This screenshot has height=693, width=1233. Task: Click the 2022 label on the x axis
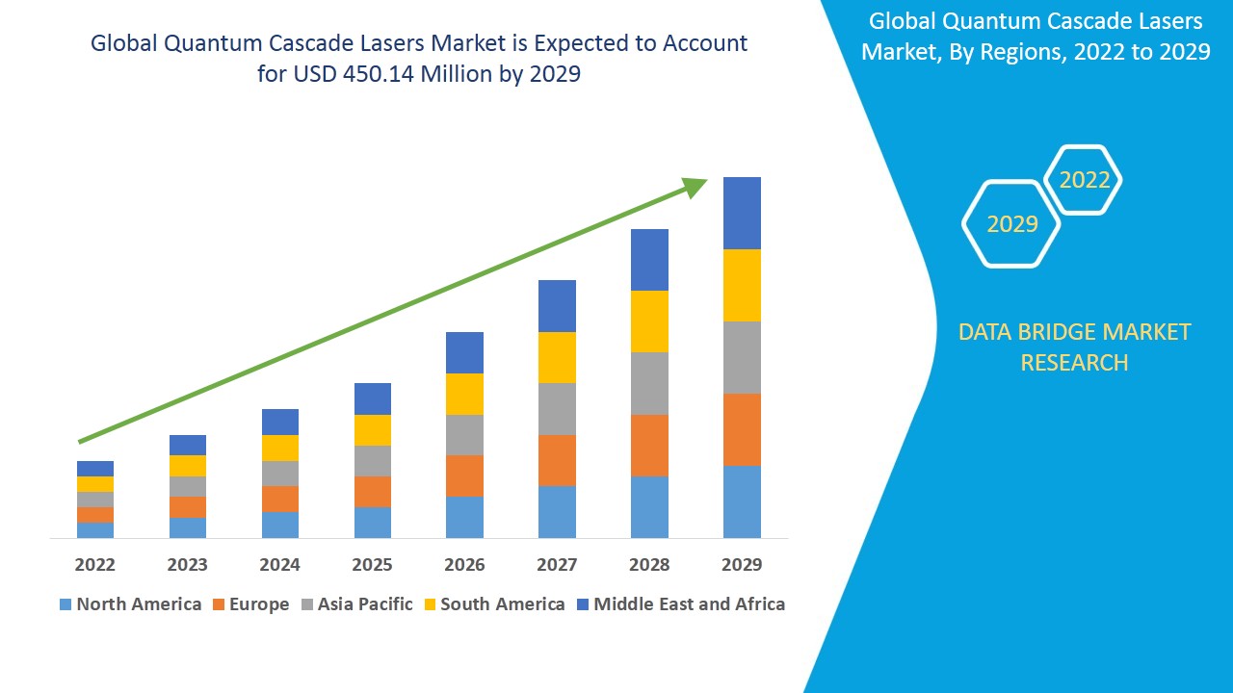tap(94, 564)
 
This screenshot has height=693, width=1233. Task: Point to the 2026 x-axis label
tap(464, 564)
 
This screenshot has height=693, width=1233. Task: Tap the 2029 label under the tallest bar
tap(742, 564)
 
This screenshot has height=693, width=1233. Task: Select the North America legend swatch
tap(66, 604)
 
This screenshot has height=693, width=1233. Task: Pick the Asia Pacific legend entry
tap(356, 604)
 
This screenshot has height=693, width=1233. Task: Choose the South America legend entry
tap(492, 604)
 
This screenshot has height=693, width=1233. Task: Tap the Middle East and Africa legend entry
tap(680, 604)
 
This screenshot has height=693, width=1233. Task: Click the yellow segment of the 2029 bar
tap(742, 285)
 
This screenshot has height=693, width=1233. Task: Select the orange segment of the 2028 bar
tap(649, 445)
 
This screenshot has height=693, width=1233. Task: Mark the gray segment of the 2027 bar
tap(557, 409)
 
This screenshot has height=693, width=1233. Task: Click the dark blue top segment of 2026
tap(464, 352)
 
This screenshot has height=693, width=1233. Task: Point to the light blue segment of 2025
tap(372, 522)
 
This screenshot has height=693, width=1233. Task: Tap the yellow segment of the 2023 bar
tap(187, 466)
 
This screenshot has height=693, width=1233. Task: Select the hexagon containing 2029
tap(1011, 224)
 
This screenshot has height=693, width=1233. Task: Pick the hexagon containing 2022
tap(1084, 180)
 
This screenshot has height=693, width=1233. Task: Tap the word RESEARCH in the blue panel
tap(1074, 363)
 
